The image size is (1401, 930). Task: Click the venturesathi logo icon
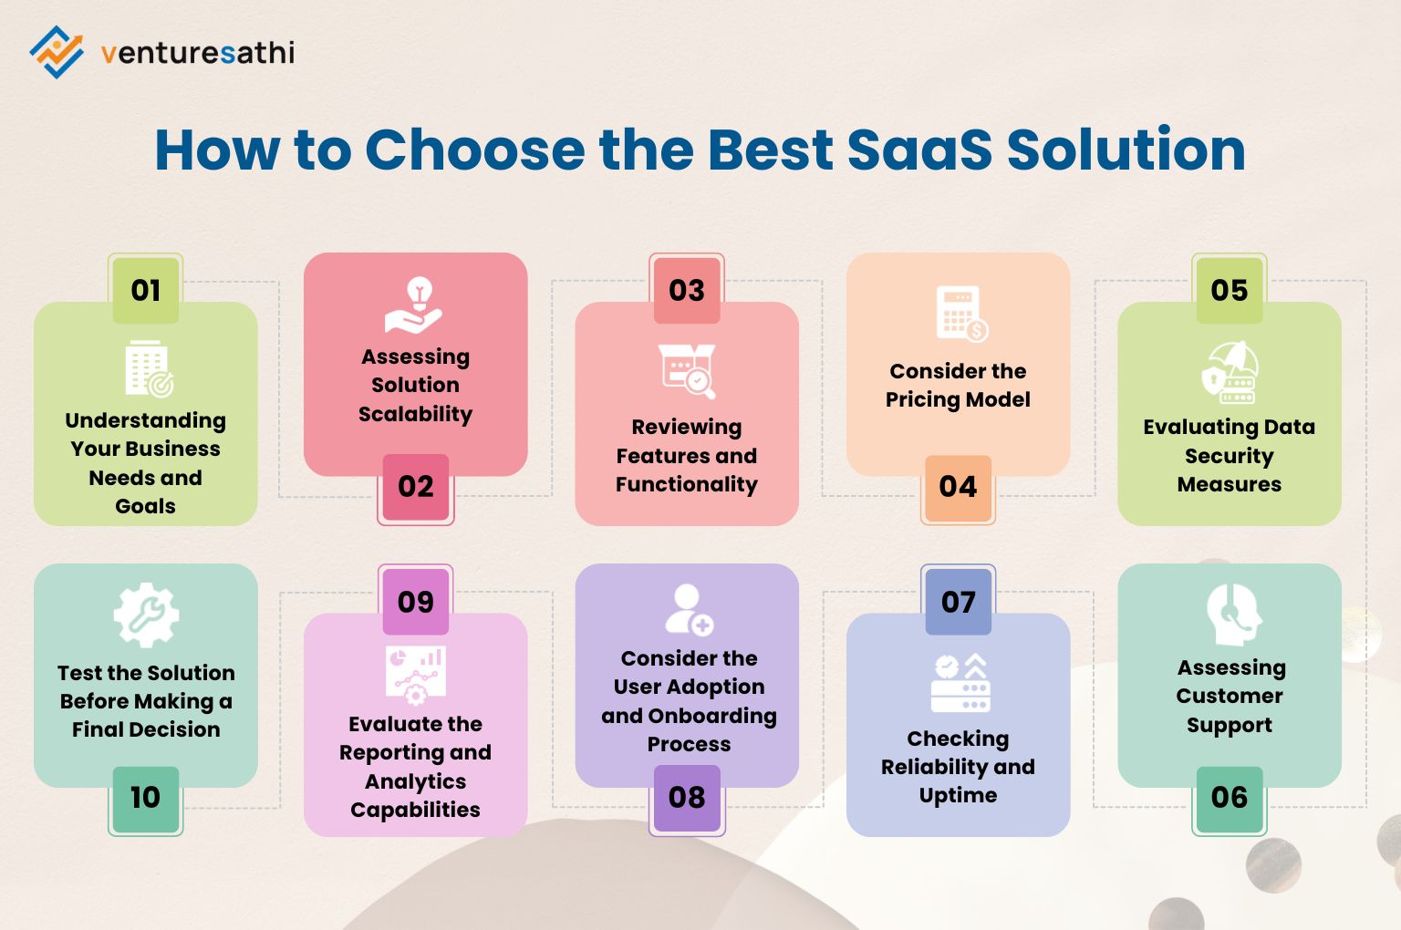(x=57, y=52)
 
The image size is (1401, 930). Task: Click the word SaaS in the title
(x=919, y=150)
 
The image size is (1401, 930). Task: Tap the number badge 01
(x=146, y=290)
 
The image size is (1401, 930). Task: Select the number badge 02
(x=416, y=487)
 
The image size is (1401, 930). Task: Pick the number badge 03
(x=687, y=290)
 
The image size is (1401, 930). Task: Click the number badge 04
(x=958, y=487)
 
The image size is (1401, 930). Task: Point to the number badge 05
(x=1229, y=290)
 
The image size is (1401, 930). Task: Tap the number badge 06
(x=1229, y=798)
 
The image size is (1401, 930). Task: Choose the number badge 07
(x=958, y=602)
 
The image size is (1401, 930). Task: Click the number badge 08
(x=687, y=798)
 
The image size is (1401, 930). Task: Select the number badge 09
(x=416, y=602)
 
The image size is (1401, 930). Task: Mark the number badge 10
(x=146, y=798)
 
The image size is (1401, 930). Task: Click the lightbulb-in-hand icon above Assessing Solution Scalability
(x=415, y=305)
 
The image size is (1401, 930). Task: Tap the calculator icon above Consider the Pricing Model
(x=961, y=314)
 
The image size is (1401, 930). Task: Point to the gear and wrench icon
(x=146, y=615)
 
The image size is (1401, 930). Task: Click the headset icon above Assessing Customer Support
(x=1232, y=614)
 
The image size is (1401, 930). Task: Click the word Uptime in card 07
(x=958, y=795)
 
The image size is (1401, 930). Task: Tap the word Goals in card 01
(x=146, y=506)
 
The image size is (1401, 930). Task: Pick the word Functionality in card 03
(x=687, y=484)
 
